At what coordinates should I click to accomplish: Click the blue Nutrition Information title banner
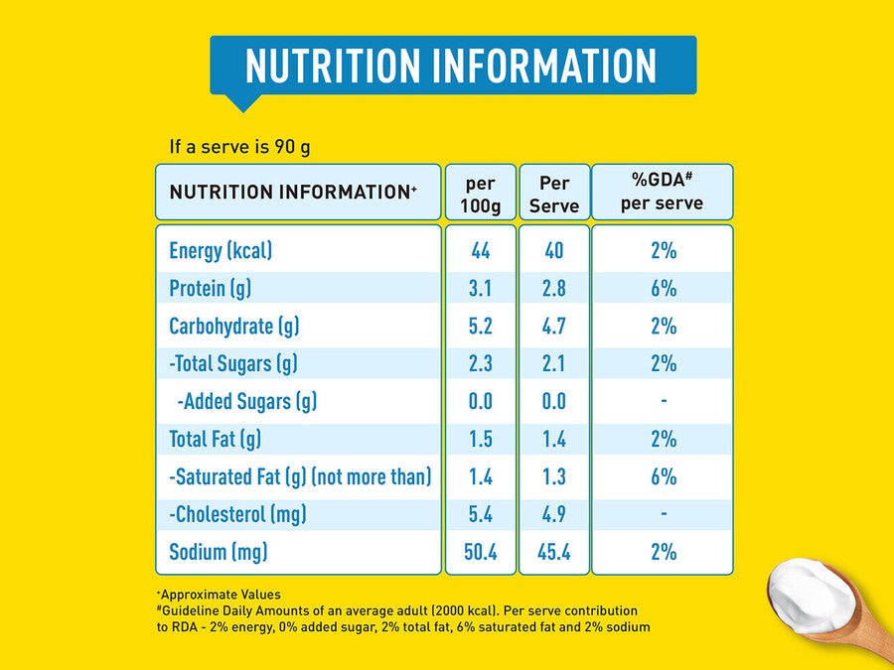(453, 66)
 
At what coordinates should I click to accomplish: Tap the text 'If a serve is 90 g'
(240, 147)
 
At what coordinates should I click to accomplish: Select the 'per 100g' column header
(481, 195)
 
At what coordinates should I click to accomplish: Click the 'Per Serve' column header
(554, 195)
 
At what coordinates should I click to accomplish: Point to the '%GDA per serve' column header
(662, 192)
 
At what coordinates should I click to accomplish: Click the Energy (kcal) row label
(221, 251)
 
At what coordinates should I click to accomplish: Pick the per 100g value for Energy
(481, 251)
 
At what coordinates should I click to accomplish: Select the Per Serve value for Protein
(554, 288)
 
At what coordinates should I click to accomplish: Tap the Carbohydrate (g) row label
(234, 326)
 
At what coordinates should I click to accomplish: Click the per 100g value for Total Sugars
(481, 363)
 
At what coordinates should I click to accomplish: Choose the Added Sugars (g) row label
(247, 402)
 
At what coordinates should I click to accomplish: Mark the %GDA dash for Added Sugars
(664, 401)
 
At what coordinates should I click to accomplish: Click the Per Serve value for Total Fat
(554, 440)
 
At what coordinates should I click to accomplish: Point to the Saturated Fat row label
(300, 476)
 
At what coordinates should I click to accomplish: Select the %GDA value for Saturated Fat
(664, 476)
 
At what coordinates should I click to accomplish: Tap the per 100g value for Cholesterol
(481, 514)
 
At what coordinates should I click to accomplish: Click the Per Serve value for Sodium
(554, 552)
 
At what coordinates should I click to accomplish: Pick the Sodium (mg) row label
(219, 552)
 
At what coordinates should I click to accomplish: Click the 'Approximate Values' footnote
(220, 595)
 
